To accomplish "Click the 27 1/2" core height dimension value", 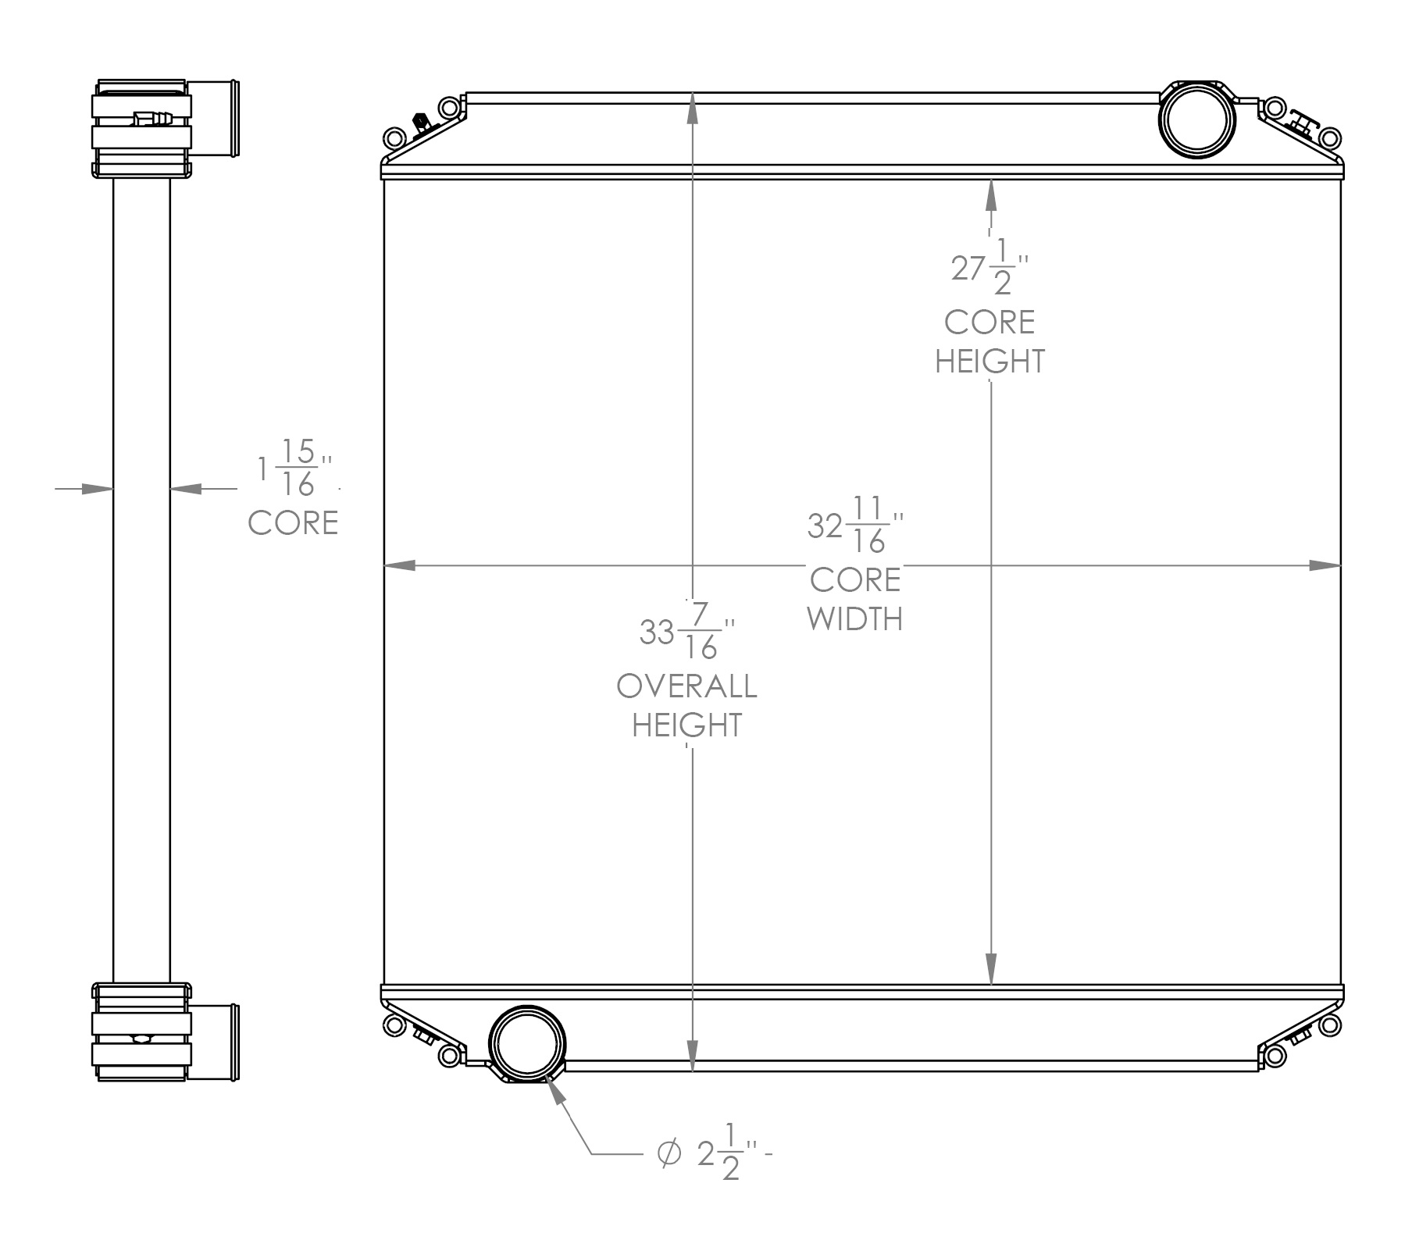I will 986,269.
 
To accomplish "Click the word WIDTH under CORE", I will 855,619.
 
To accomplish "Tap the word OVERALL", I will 686,686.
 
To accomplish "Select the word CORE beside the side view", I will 293,523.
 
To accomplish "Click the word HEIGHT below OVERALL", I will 686,725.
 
